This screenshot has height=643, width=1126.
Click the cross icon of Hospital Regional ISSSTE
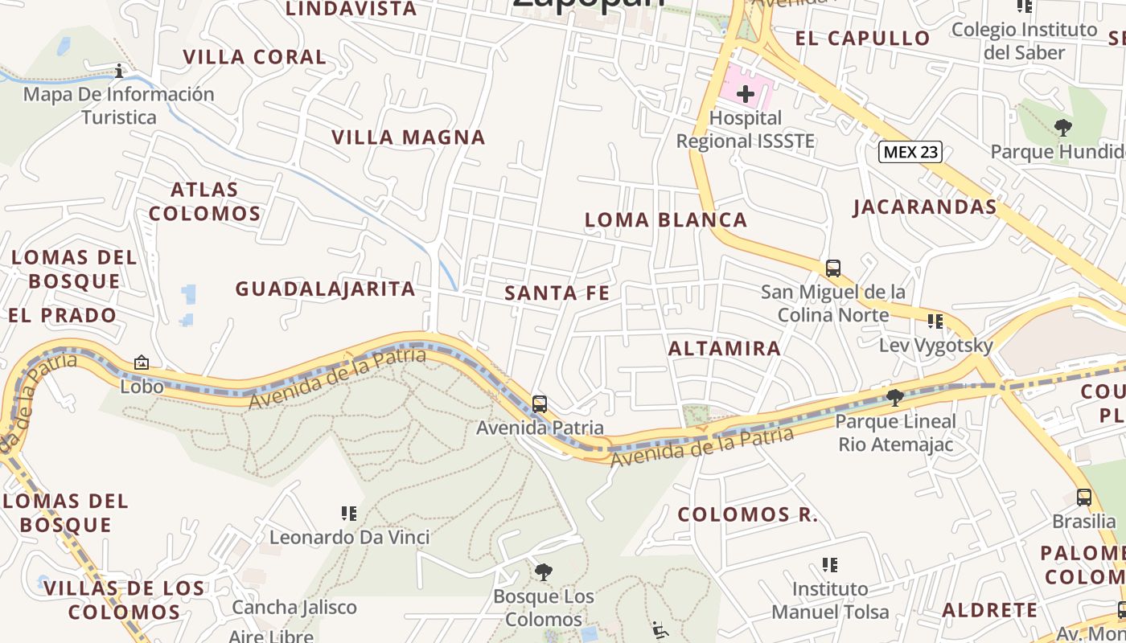[746, 94]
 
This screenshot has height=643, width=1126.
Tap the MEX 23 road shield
[910, 152]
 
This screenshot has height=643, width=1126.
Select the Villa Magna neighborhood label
[409, 137]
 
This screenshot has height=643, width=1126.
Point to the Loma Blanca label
[666, 220]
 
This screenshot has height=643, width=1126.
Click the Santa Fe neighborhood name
[557, 293]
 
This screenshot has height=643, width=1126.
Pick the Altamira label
[725, 348]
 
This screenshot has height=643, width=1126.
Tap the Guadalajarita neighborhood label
[325, 289]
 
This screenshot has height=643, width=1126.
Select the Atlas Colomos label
[204, 202]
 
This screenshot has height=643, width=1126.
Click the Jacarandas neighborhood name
[925, 207]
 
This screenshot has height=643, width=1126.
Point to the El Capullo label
[862, 39]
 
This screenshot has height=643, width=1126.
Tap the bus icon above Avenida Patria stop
[540, 403]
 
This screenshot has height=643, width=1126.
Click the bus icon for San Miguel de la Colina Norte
[833, 268]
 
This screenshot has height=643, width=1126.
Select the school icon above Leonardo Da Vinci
[349, 513]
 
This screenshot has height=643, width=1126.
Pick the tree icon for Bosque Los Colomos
[544, 572]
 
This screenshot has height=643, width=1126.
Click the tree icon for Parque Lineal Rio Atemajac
[895, 397]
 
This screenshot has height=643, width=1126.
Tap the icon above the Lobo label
[142, 362]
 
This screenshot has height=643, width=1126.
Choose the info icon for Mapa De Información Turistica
[119, 71]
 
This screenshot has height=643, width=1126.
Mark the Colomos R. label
[747, 514]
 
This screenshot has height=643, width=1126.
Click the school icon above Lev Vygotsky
[935, 321]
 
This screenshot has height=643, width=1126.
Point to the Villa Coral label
[255, 57]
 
